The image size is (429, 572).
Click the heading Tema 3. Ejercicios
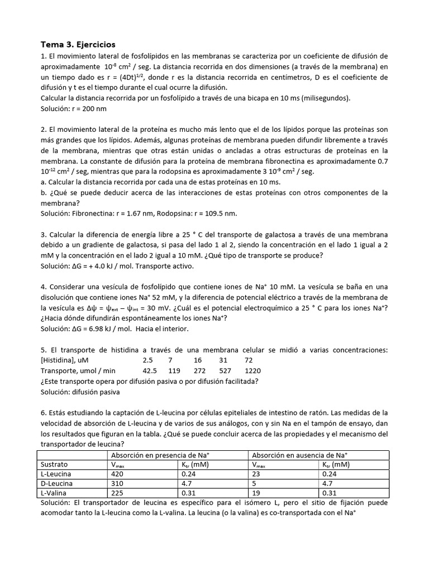78,44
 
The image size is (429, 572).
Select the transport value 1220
252,370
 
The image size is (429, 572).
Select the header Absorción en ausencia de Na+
318,455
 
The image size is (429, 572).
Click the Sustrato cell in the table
54,464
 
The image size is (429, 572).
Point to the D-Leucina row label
58,483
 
